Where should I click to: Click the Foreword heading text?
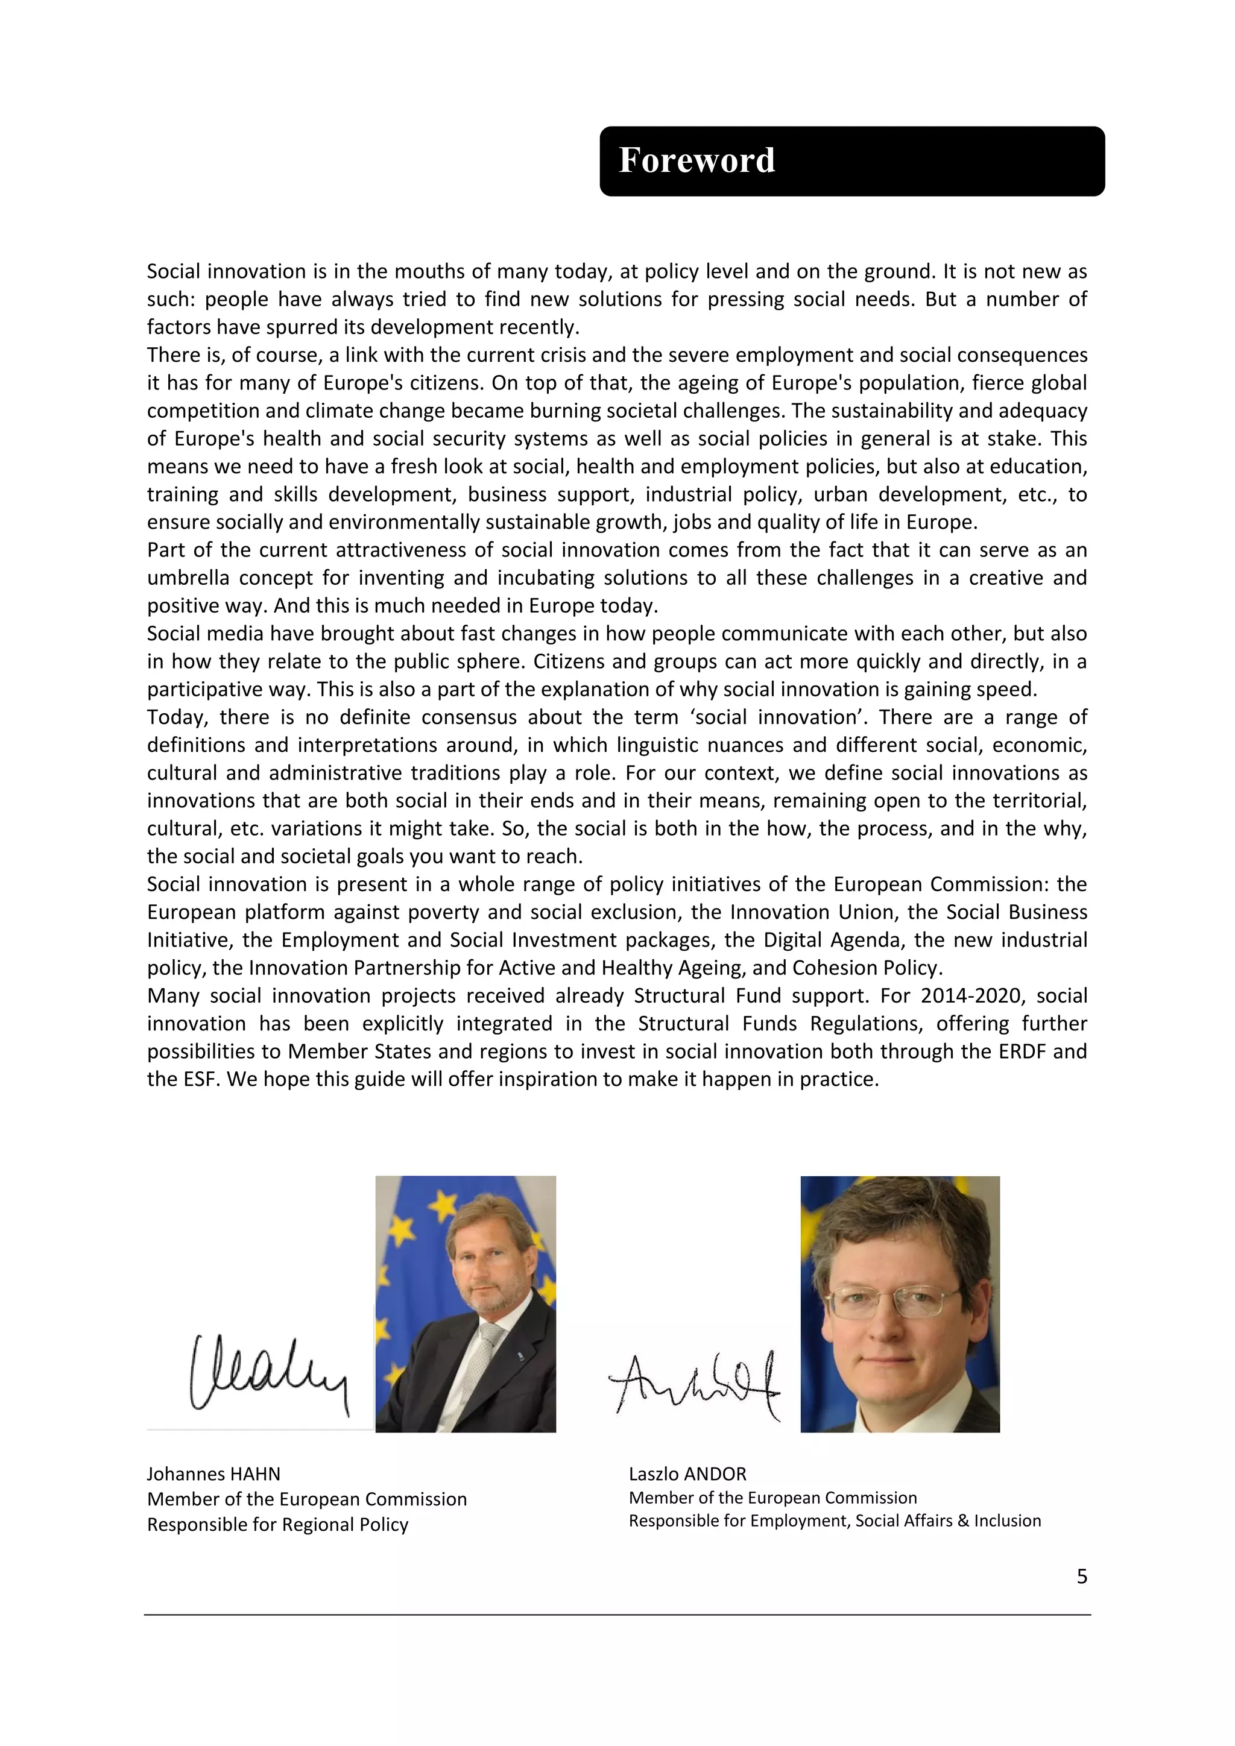(x=696, y=160)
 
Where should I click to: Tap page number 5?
(x=1081, y=1577)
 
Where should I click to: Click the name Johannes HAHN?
(x=213, y=1473)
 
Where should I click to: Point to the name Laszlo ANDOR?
(x=687, y=1473)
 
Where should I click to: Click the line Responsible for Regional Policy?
(x=277, y=1524)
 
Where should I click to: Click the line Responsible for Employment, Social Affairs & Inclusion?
(x=834, y=1520)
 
